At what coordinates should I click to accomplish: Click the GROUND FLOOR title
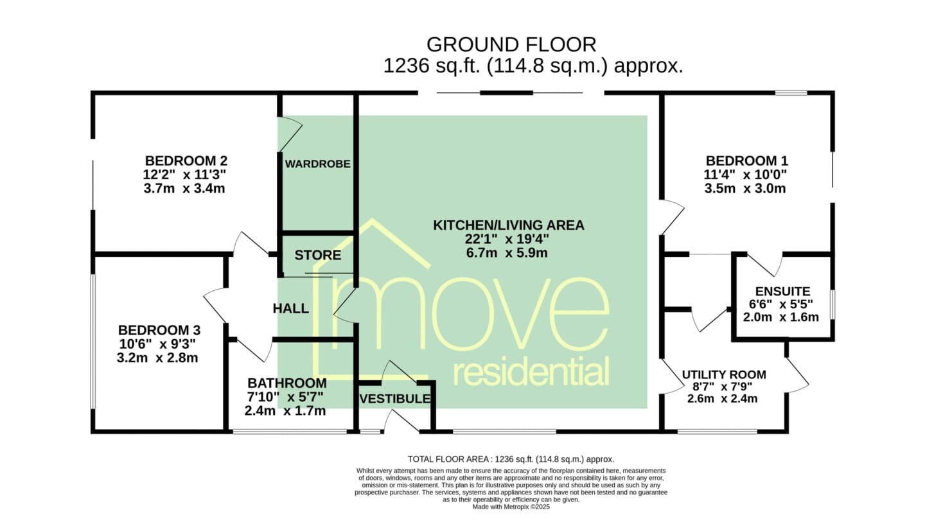tap(511, 44)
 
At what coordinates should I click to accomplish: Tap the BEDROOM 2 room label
tap(186, 160)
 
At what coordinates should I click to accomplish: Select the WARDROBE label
tap(317, 164)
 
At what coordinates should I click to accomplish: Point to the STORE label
tap(317, 255)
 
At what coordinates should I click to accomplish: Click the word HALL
tap(291, 308)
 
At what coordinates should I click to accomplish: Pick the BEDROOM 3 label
tap(159, 330)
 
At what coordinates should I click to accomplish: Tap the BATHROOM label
tap(287, 383)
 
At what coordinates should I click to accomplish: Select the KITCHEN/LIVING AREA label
tap(509, 225)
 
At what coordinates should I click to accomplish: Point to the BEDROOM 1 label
tap(746, 160)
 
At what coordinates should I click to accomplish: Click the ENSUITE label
tap(783, 291)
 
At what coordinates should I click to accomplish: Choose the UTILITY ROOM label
tap(724, 374)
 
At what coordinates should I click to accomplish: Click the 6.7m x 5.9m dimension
tap(507, 253)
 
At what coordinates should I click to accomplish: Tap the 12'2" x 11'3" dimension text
tap(184, 174)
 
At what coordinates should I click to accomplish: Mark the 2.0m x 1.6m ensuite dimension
tap(781, 317)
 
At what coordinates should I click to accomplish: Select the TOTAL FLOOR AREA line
tap(511, 459)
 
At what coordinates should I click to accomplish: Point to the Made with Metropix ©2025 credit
tap(511, 507)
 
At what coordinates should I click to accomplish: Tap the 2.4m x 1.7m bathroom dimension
tap(285, 411)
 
